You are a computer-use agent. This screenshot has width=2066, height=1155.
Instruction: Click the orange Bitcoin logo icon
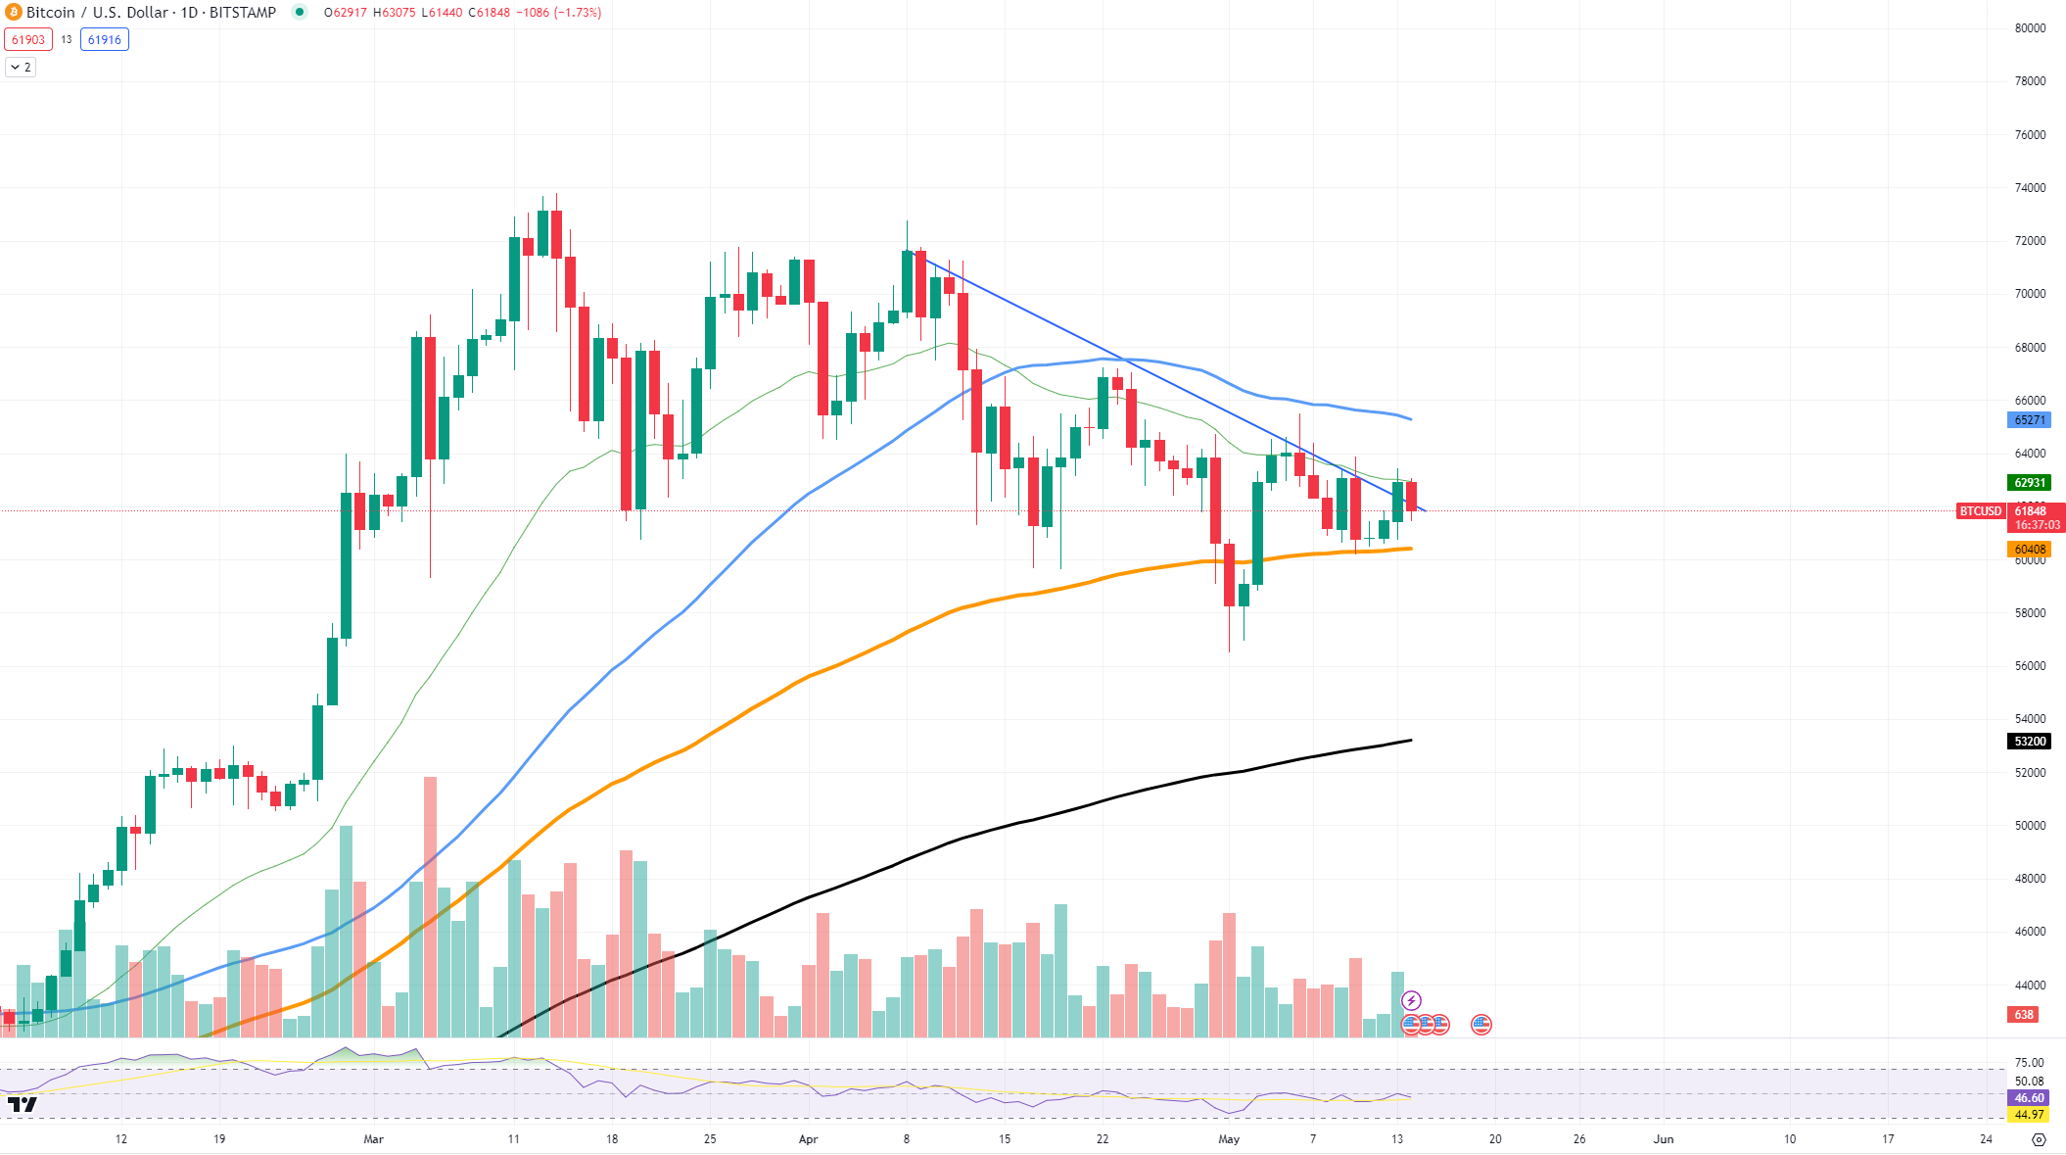coord(14,13)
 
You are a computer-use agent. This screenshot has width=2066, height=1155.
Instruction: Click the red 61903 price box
coord(28,40)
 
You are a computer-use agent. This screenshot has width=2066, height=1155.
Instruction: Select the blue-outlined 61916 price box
coord(105,40)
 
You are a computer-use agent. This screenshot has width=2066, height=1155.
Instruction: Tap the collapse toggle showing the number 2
coord(21,68)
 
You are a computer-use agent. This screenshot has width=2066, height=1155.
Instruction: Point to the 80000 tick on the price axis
coord(2030,28)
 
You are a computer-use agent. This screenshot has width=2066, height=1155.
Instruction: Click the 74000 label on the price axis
coord(2030,188)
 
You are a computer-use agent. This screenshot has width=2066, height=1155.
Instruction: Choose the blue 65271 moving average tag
coord(2029,420)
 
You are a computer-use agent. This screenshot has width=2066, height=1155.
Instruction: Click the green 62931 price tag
coord(2029,483)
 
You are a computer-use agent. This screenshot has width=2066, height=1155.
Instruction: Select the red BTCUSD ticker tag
coord(1980,511)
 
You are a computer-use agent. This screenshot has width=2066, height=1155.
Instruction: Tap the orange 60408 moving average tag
coord(2029,550)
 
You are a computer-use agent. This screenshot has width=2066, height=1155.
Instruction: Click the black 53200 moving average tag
coord(2029,742)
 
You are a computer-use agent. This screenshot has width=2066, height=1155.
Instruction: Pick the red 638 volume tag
coord(2024,1015)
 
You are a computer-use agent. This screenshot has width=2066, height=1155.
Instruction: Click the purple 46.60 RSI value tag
coord(2029,1098)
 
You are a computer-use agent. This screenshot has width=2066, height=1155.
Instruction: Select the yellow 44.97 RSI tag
coord(2029,1115)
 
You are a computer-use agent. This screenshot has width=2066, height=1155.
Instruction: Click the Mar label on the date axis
coord(373,1139)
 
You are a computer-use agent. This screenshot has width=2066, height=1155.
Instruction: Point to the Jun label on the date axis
coord(1663,1139)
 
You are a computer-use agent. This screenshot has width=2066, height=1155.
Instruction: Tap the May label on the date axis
coord(1229,1139)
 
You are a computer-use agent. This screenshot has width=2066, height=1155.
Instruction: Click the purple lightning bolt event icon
coord(1411,1000)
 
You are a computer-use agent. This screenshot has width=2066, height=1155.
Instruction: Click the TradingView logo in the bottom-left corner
coord(23,1105)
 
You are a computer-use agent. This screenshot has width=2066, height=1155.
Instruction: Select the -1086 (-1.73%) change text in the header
coord(562,13)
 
